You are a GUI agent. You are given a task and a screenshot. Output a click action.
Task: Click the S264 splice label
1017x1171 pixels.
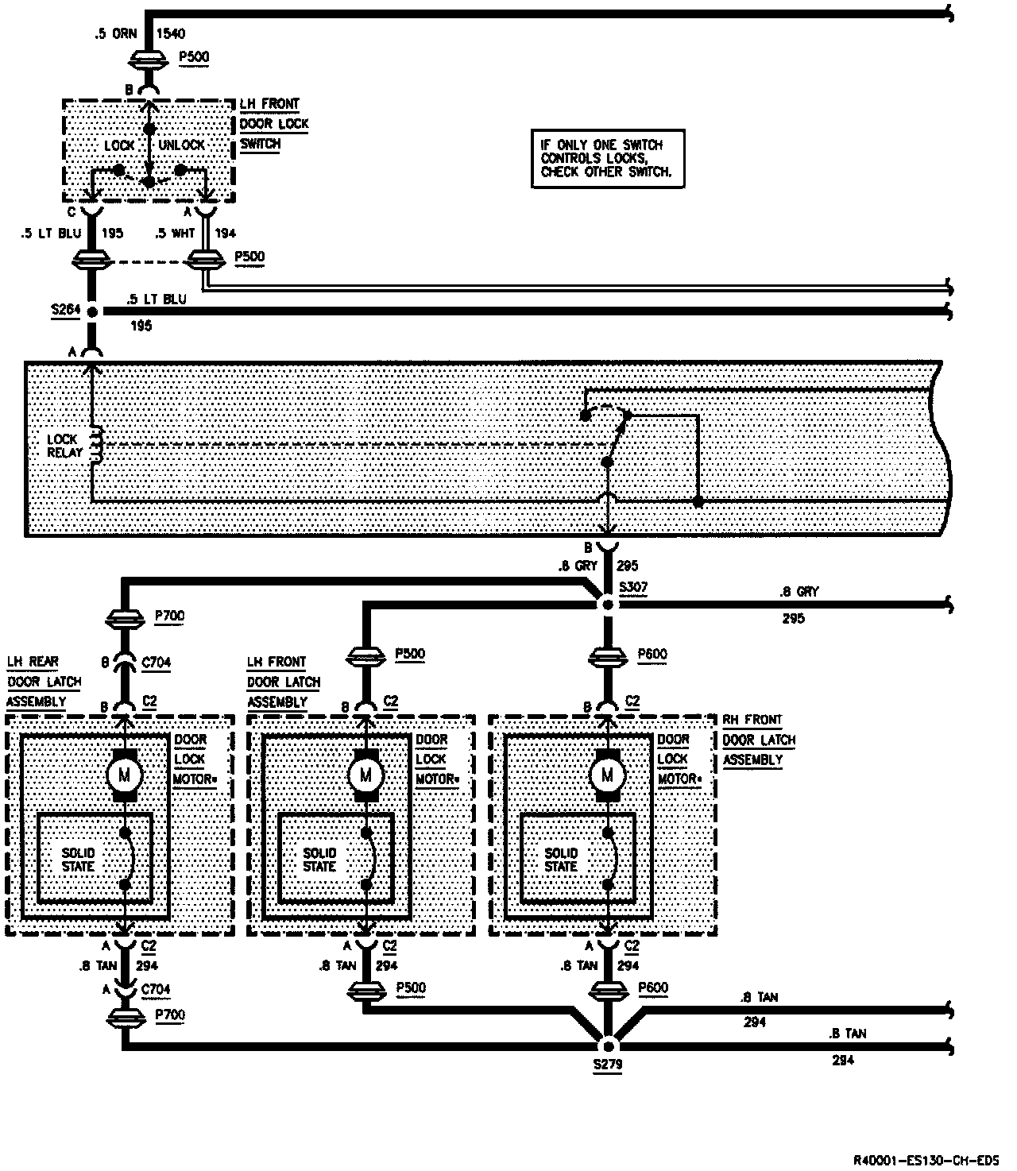pos(66,311)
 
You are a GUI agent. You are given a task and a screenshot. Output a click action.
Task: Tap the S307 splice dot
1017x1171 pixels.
pos(608,605)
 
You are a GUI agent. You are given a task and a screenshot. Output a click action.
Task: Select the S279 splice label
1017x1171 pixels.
pos(608,1064)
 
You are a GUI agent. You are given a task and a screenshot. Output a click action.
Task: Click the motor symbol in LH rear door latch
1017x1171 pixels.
pos(125,773)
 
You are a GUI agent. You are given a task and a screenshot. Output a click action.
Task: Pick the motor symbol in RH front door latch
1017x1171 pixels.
pos(608,773)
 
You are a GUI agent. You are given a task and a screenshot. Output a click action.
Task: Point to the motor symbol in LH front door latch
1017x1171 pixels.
pos(366,773)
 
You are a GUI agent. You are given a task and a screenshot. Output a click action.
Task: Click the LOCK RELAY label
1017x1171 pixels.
pos(64,446)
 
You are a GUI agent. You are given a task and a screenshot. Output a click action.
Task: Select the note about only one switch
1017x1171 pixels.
pos(607,158)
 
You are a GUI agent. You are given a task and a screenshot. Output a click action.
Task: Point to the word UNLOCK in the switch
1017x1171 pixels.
pos(182,145)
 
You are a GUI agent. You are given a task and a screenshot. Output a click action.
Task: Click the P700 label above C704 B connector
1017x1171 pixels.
pos(170,616)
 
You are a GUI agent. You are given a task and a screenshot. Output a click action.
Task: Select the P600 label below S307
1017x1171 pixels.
pos(652,655)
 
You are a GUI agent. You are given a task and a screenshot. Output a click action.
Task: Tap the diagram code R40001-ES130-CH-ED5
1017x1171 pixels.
pos(926,1159)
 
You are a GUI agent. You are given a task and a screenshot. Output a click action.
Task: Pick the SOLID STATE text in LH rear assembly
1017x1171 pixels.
pos(78,860)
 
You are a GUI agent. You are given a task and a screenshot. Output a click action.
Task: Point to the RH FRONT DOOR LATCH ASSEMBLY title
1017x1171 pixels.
pos(758,740)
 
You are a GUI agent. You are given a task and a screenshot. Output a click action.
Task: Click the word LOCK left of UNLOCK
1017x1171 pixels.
pos(120,145)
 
